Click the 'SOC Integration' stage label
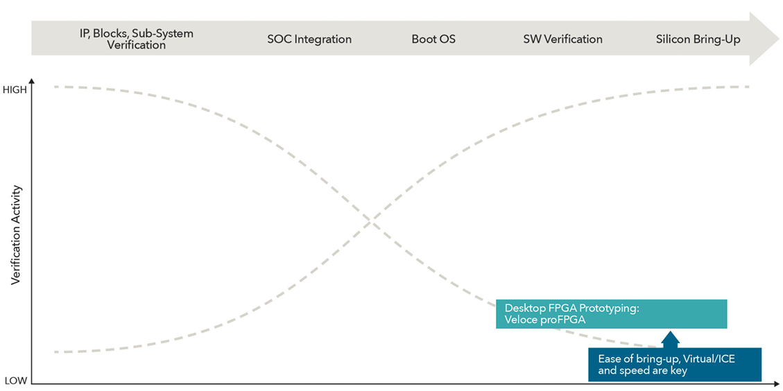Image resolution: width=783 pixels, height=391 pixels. [309, 40]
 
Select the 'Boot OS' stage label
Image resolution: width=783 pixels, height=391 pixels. [433, 40]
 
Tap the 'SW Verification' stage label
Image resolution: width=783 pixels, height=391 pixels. [562, 40]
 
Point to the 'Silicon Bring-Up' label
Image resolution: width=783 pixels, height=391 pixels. [698, 40]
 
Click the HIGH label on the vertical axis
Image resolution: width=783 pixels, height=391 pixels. [17, 89]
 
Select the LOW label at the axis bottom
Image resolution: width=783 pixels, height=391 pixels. [16, 381]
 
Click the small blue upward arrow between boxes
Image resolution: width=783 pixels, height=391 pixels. [670, 339]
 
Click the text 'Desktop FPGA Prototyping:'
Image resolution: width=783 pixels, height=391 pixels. [571, 307]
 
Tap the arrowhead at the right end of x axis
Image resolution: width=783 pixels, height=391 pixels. [777, 383]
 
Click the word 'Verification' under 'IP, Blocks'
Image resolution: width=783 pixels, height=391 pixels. [136, 45]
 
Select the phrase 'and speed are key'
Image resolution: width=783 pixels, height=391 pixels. [642, 370]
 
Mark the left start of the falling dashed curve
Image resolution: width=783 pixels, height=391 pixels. [55, 87]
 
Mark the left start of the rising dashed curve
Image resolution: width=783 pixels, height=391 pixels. [55, 352]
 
